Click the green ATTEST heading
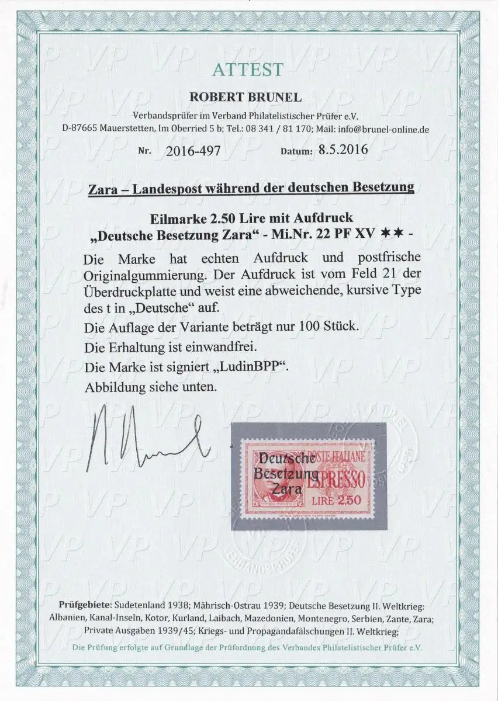click(x=248, y=70)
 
